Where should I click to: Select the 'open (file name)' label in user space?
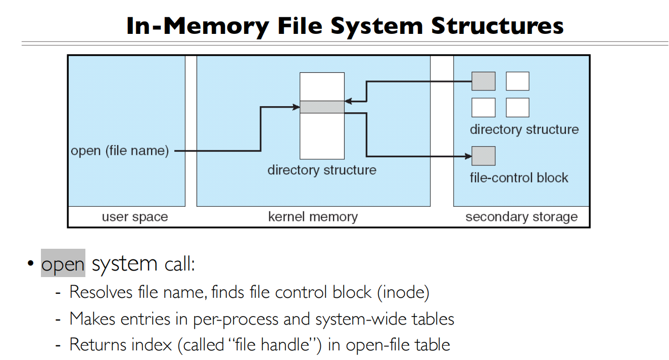[120, 151]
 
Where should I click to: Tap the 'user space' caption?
[134, 217]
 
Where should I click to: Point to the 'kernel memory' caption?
[313, 217]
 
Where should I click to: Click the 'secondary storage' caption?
[521, 217]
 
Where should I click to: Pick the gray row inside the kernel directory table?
[322, 107]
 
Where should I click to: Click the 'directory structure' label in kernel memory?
[322, 170]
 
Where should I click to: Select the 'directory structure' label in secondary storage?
[524, 129]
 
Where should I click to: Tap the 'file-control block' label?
[519, 178]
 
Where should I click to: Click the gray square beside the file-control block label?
[483, 156]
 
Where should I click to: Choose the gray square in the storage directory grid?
[483, 81]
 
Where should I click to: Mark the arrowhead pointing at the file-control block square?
[467, 156]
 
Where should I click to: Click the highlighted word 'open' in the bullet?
[63, 264]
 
